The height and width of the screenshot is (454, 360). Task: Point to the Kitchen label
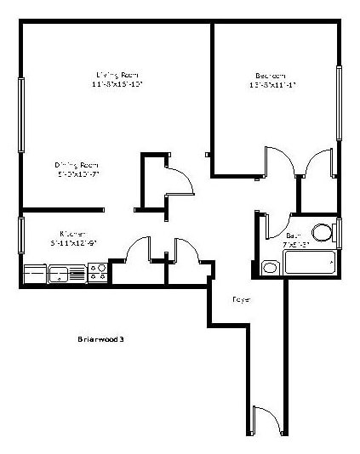click(x=71, y=233)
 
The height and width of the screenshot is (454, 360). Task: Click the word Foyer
click(x=241, y=299)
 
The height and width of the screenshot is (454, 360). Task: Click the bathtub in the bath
click(x=311, y=261)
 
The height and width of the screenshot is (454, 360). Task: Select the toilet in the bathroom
click(x=322, y=233)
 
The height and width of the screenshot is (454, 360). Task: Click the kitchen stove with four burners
click(x=98, y=274)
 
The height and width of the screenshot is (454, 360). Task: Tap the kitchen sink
click(x=60, y=274)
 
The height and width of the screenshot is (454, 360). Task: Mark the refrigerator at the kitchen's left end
click(x=34, y=274)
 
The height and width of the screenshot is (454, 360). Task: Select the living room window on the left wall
click(x=21, y=115)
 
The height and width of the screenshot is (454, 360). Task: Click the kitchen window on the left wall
click(x=21, y=236)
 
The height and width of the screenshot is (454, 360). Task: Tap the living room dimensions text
click(x=117, y=84)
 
